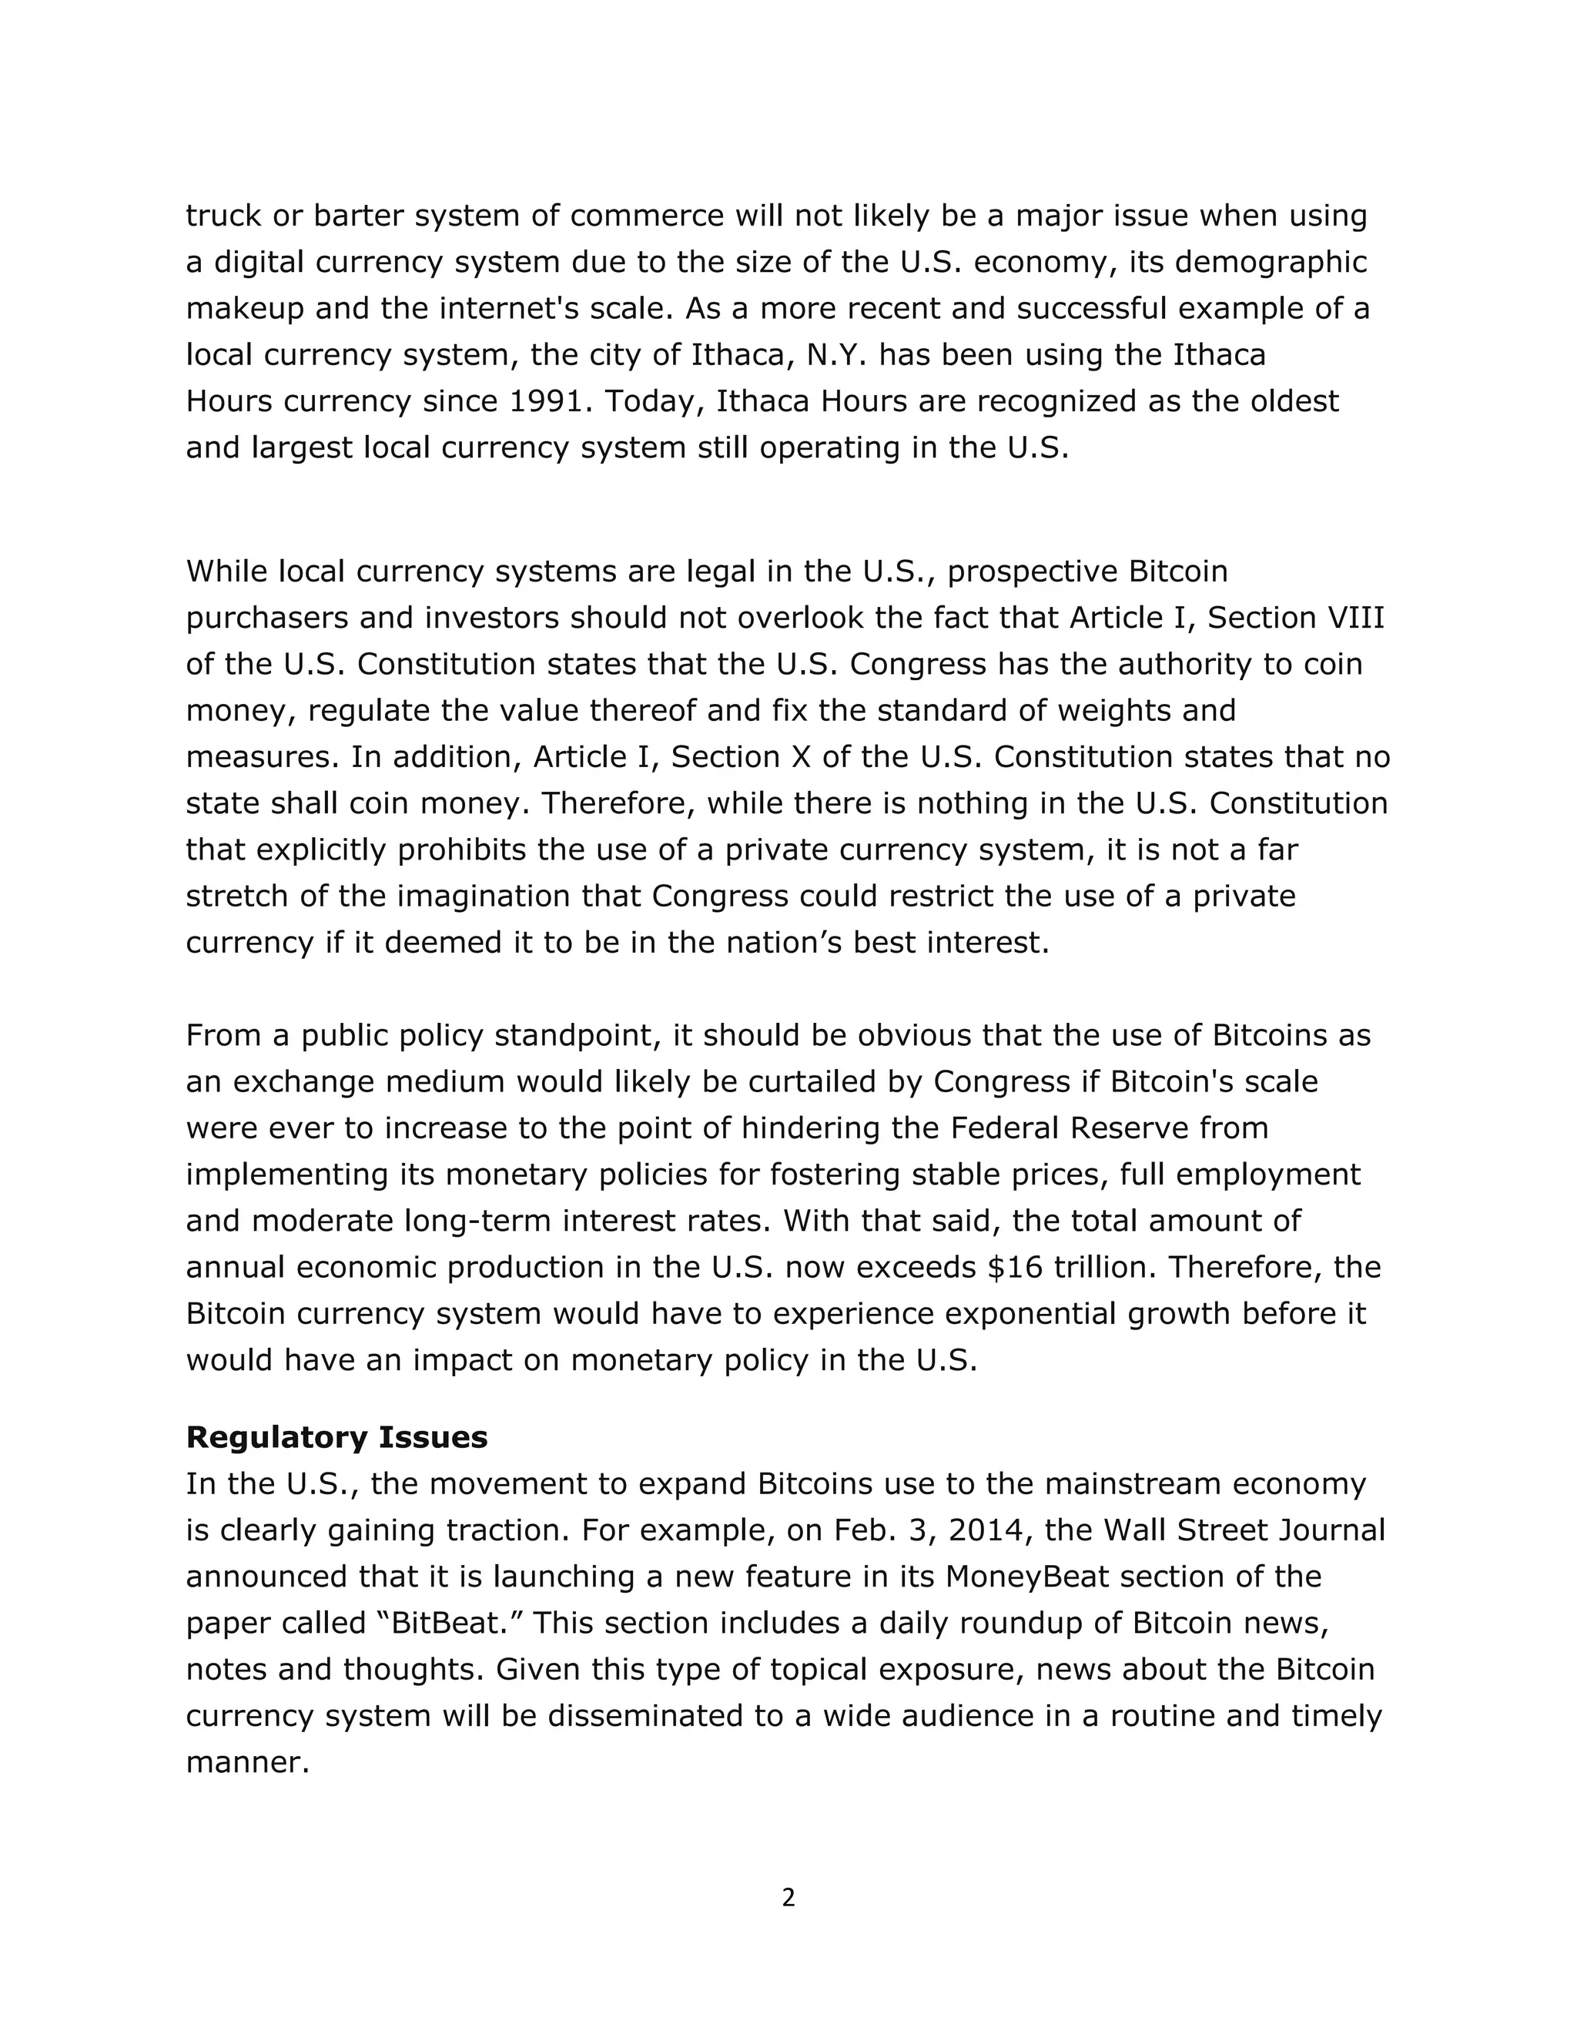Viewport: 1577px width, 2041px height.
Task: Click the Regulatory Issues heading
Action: [x=336, y=1437]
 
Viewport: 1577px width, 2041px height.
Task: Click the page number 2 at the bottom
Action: [x=788, y=1898]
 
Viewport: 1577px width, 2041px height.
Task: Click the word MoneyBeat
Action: [x=1026, y=1577]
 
